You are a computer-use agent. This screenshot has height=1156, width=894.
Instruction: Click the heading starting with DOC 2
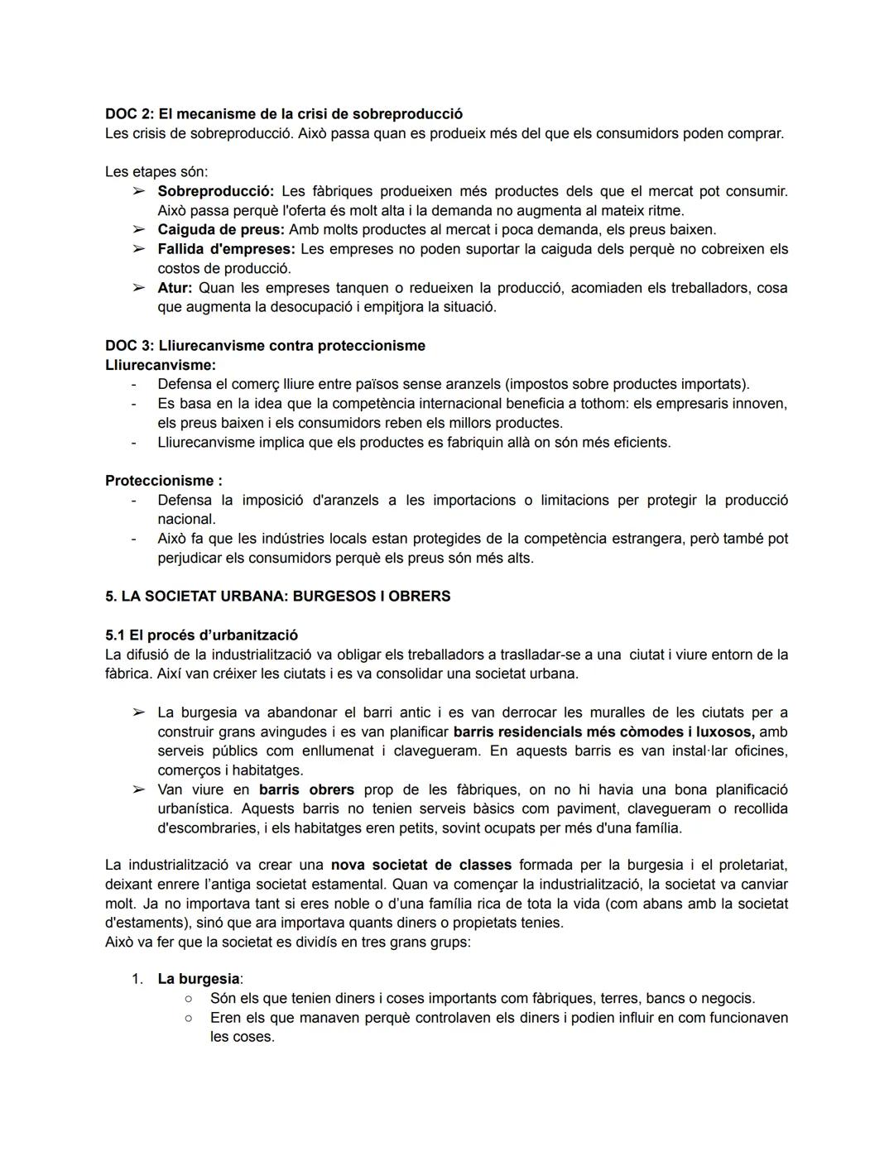[284, 114]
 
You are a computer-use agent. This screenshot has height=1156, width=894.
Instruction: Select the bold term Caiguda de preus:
[221, 230]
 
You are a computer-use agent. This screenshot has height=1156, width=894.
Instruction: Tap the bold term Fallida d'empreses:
[226, 249]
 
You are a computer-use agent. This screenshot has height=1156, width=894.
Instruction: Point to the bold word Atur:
[175, 288]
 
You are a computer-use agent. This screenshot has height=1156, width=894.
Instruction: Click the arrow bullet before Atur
[138, 288]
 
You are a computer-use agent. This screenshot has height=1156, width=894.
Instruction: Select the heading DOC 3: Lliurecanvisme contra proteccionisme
[265, 346]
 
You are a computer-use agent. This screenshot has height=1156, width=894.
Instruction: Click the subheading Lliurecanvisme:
[161, 365]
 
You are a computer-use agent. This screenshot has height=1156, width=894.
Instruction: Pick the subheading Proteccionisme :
[163, 481]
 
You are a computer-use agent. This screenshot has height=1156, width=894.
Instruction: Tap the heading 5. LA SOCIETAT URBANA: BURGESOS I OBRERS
[278, 597]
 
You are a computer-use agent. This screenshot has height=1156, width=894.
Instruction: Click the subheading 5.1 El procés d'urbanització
[201, 636]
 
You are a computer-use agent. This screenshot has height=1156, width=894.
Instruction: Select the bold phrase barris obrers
[306, 790]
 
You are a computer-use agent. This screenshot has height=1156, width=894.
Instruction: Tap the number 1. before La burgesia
[138, 980]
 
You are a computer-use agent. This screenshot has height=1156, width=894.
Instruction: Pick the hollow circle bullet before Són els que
[189, 999]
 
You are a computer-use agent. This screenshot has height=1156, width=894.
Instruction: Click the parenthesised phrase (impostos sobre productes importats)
[627, 385]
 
